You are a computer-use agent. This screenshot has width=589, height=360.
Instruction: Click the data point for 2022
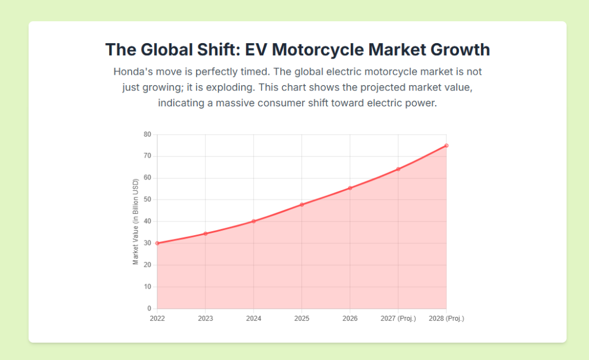pyautogui.click(x=157, y=243)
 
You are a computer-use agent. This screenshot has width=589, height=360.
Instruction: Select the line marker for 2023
pyautogui.click(x=205, y=233)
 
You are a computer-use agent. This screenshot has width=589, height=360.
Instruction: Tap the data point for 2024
pyautogui.click(x=254, y=221)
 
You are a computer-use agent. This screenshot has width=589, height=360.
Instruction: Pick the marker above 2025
pyautogui.click(x=302, y=205)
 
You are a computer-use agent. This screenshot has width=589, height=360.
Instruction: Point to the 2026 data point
pyautogui.click(x=350, y=188)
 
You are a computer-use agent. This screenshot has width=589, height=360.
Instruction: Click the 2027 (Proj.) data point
pyautogui.click(x=398, y=169)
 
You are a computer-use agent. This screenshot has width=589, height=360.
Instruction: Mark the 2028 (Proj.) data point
pyautogui.click(x=446, y=145)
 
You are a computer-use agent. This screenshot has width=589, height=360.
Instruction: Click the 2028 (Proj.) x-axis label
pyautogui.click(x=446, y=319)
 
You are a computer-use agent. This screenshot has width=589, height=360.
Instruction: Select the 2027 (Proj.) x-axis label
pyautogui.click(x=398, y=319)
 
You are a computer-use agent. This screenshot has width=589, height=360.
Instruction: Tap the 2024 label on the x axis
pyautogui.click(x=254, y=319)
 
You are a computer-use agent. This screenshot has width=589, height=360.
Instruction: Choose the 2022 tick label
pyautogui.click(x=157, y=319)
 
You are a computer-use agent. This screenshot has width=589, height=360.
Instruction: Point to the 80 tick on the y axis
pyautogui.click(x=147, y=135)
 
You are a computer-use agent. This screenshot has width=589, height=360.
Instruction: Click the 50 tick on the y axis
pyautogui.click(x=147, y=200)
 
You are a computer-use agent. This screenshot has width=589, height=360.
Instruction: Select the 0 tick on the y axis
pyautogui.click(x=149, y=309)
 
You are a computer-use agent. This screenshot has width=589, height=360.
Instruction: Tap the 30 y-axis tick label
pyautogui.click(x=147, y=243)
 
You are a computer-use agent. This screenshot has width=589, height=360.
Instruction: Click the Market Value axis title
pyautogui.click(x=136, y=221)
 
